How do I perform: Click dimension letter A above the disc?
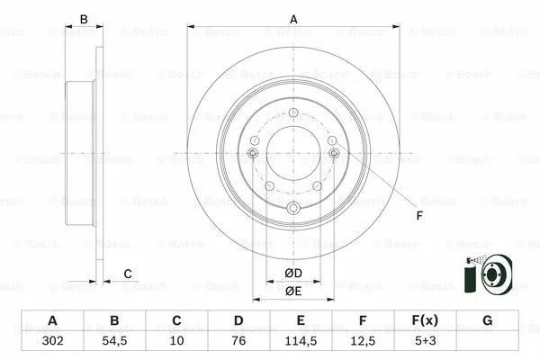coord(292,19)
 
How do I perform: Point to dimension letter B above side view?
coord(85,19)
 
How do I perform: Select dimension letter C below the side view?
coord(128,274)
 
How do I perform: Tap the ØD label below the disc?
coord(293,274)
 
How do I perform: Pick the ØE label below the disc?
coord(293,291)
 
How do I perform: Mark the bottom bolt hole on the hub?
coord(292,210)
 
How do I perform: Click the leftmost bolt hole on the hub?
coord(253,154)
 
